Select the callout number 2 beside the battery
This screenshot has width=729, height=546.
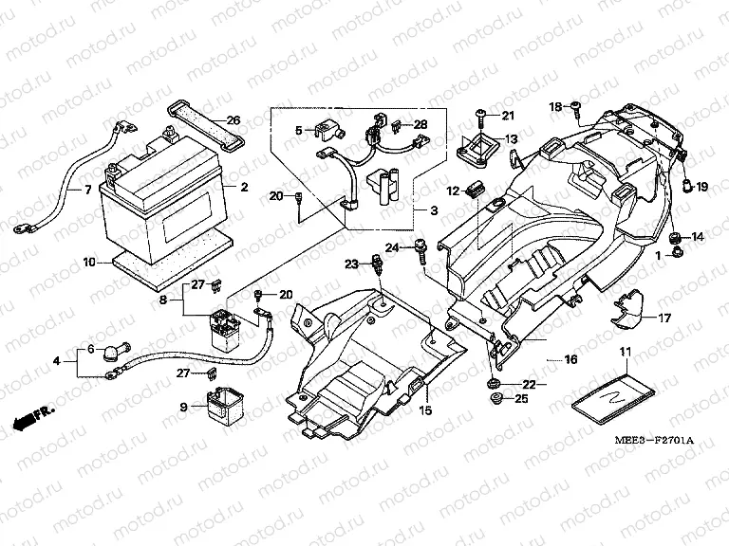tap(243, 187)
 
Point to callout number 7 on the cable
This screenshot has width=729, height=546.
tap(88, 190)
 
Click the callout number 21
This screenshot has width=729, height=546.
tap(506, 117)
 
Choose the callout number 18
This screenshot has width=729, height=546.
tap(556, 106)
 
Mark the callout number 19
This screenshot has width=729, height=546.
tap(701, 187)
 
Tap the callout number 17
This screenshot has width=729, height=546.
tap(664, 318)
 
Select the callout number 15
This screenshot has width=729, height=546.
tap(425, 409)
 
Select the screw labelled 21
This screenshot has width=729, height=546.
tap(482, 115)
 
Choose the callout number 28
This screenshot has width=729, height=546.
tap(420, 124)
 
